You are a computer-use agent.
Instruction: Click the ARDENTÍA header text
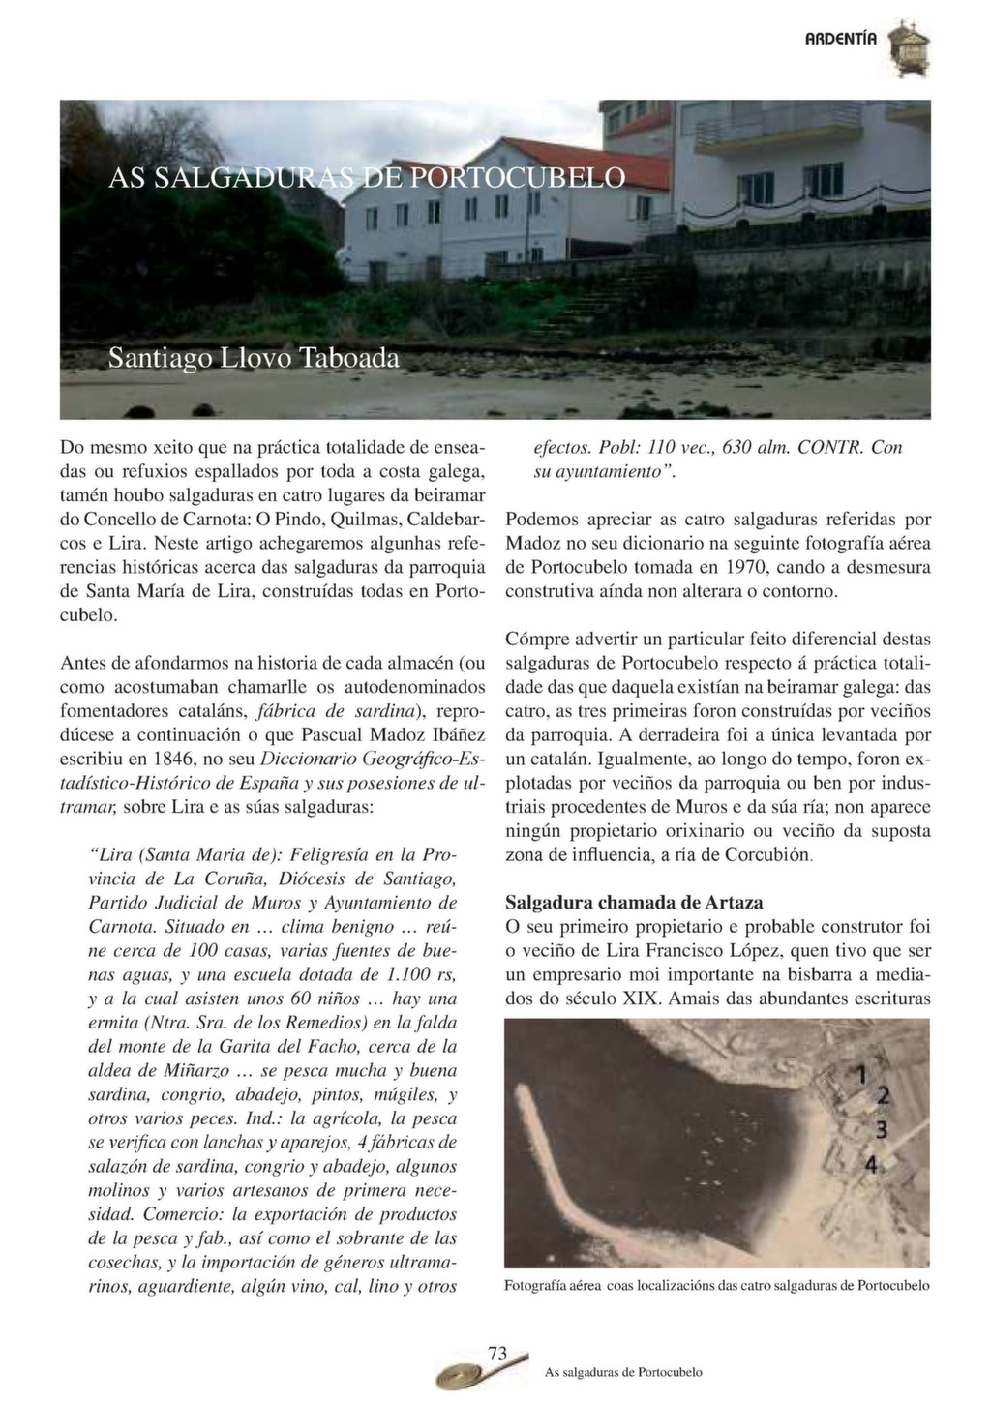[841, 40]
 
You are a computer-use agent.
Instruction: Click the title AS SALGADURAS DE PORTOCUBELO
[367, 178]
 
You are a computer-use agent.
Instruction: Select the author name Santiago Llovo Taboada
[254, 358]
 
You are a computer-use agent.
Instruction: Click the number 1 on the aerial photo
[856, 1071]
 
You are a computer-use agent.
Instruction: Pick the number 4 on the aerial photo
[871, 1163]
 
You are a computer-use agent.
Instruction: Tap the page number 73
[498, 1354]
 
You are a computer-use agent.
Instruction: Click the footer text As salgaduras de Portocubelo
[623, 1372]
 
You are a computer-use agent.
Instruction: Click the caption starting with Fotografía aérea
[716, 1286]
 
